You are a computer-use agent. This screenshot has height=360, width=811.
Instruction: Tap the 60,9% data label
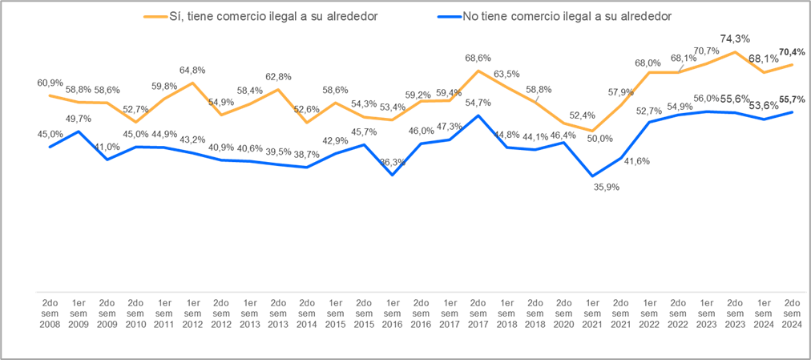[50, 83]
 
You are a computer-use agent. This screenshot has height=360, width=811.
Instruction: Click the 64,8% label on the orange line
[192, 71]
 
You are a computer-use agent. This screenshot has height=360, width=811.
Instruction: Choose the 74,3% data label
[735, 38]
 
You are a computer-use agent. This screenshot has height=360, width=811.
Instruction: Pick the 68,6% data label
[478, 58]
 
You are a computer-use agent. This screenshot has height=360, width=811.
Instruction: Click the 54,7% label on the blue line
[478, 103]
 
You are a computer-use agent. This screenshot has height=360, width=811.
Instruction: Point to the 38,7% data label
[307, 154]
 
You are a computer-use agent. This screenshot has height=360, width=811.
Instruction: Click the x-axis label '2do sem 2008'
[50, 313]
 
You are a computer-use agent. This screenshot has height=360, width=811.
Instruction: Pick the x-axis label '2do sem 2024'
[792, 313]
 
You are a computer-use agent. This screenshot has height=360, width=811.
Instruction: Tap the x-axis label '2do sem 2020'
[564, 313]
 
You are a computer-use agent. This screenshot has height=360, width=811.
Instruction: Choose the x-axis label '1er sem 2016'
[393, 313]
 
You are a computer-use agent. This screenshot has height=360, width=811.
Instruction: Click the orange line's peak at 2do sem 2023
[735, 52]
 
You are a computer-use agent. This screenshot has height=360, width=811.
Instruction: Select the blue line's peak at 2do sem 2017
[478, 115]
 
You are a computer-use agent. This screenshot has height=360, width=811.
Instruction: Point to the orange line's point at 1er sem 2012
[192, 83]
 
